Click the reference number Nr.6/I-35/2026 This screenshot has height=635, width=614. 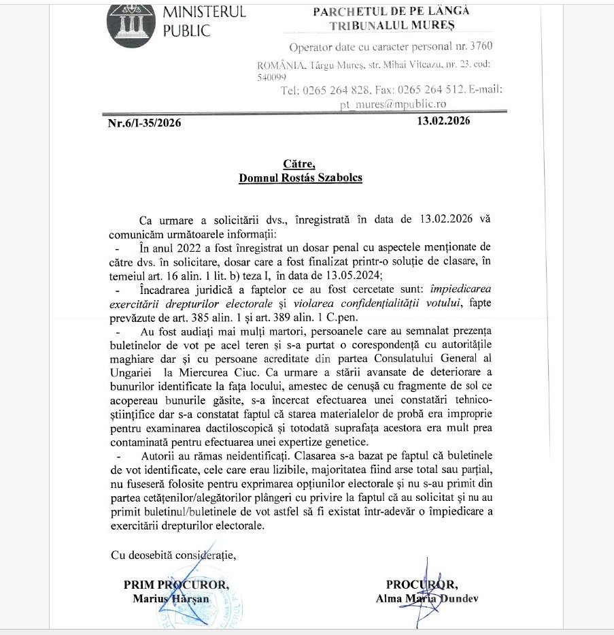point(144,123)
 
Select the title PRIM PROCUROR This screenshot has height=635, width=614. point(176,585)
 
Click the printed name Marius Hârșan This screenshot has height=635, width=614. point(176,598)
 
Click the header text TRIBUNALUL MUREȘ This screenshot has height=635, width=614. point(392,26)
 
